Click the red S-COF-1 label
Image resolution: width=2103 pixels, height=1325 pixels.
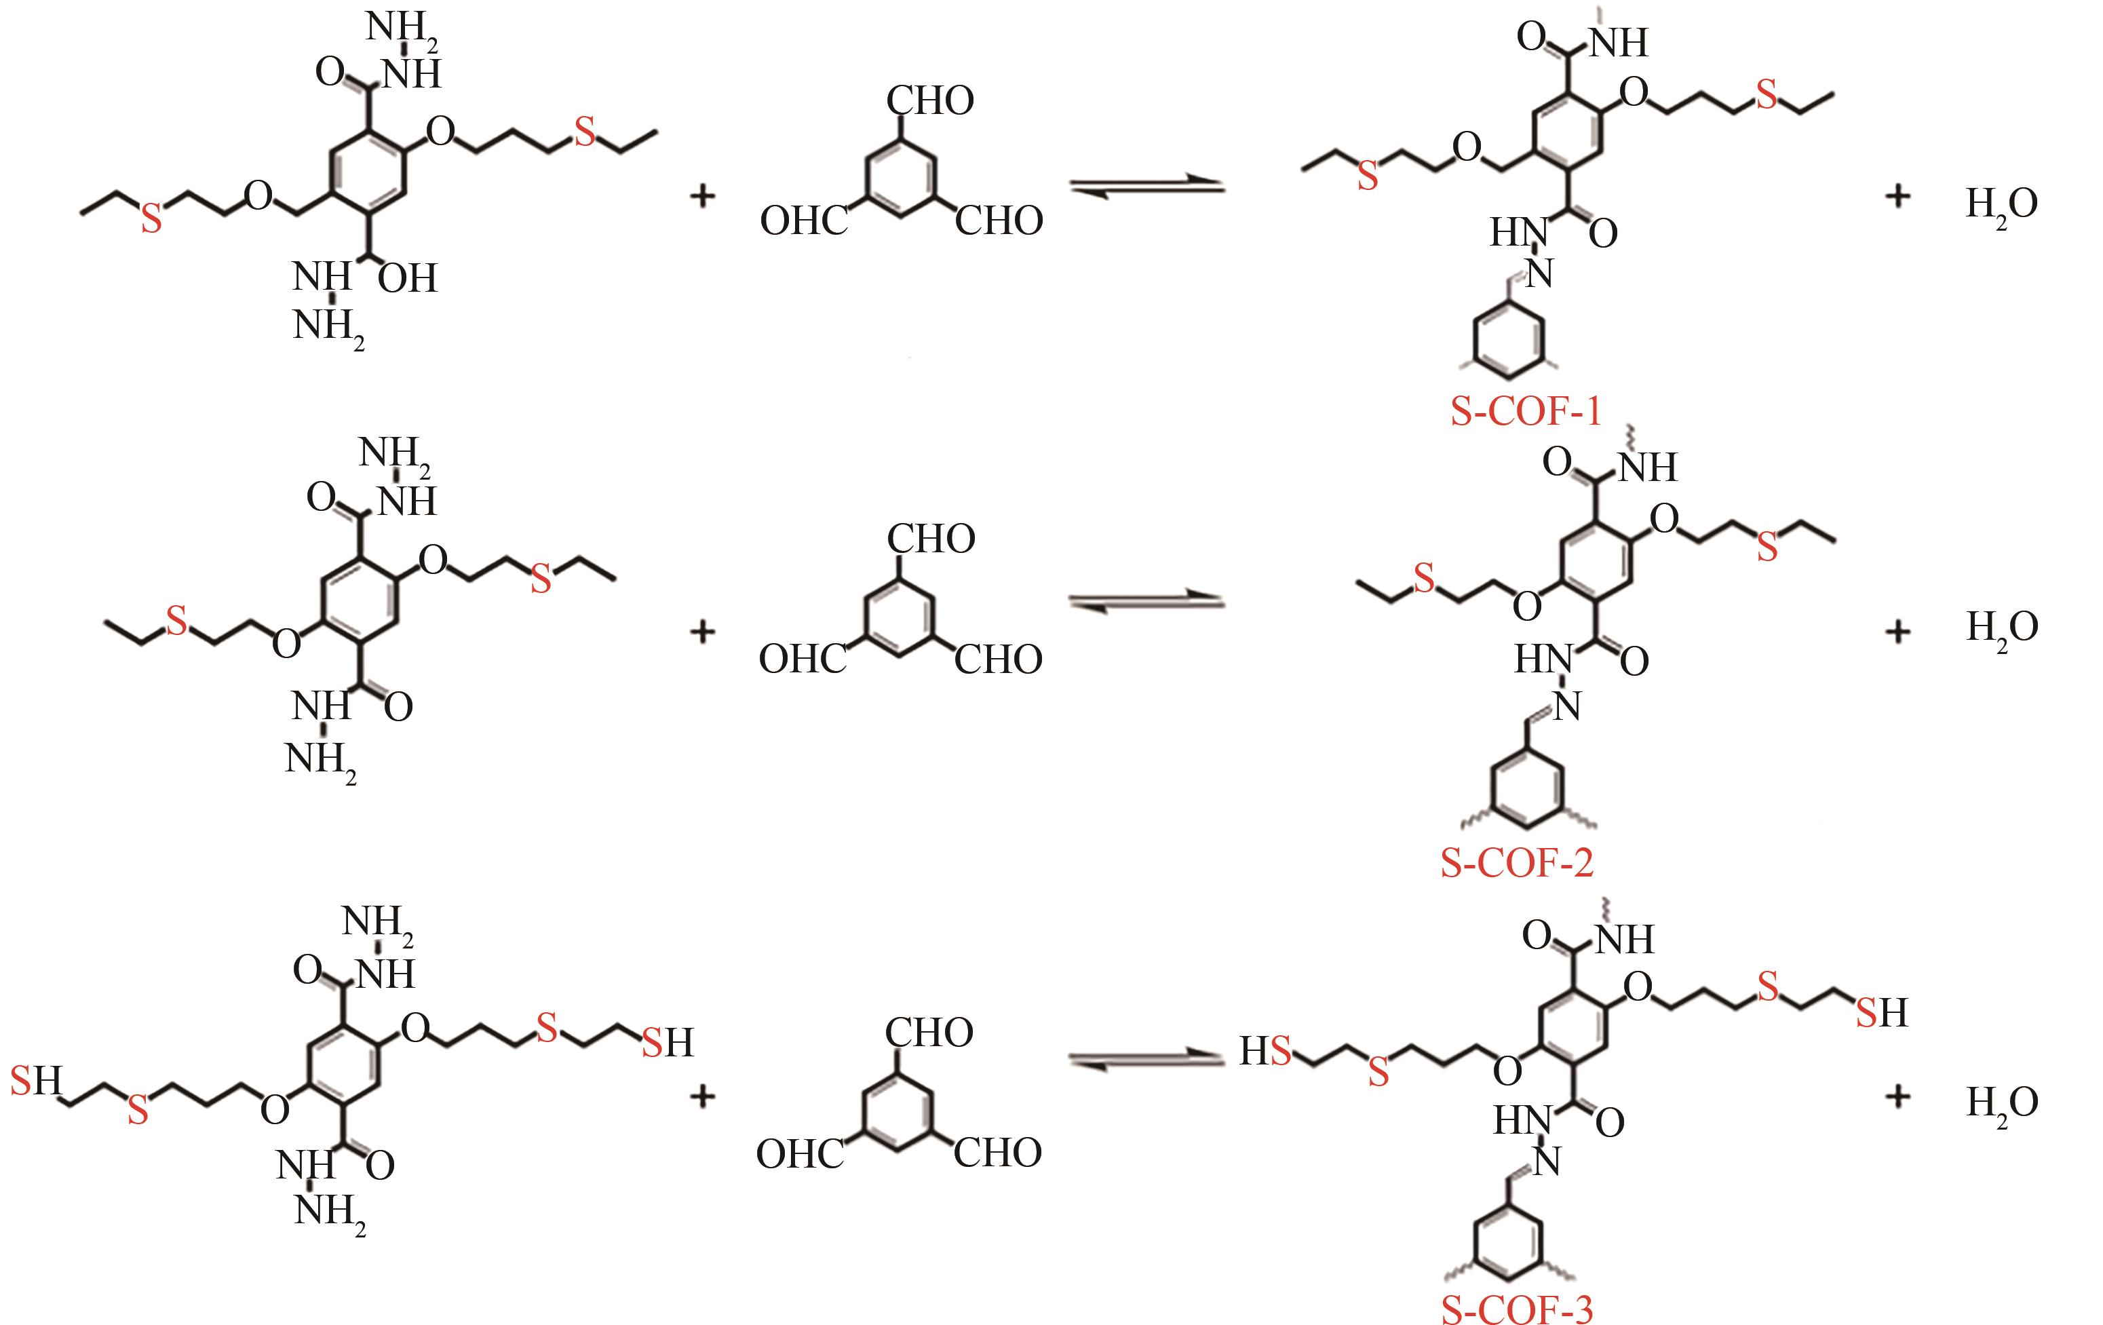[1526, 410]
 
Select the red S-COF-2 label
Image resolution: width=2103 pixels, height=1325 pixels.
[1517, 863]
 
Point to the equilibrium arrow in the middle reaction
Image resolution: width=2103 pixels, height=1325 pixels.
[1148, 602]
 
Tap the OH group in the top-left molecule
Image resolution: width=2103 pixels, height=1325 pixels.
[408, 279]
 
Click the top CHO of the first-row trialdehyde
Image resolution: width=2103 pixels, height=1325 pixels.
[930, 101]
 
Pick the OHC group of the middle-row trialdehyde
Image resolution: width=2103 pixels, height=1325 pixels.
[803, 659]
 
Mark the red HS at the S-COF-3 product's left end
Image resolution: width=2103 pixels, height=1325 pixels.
[1265, 1052]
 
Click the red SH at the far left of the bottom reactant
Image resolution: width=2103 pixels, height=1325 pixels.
[36, 1081]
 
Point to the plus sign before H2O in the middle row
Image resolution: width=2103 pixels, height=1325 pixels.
[1897, 631]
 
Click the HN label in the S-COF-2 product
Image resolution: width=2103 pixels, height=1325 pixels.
[1543, 659]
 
